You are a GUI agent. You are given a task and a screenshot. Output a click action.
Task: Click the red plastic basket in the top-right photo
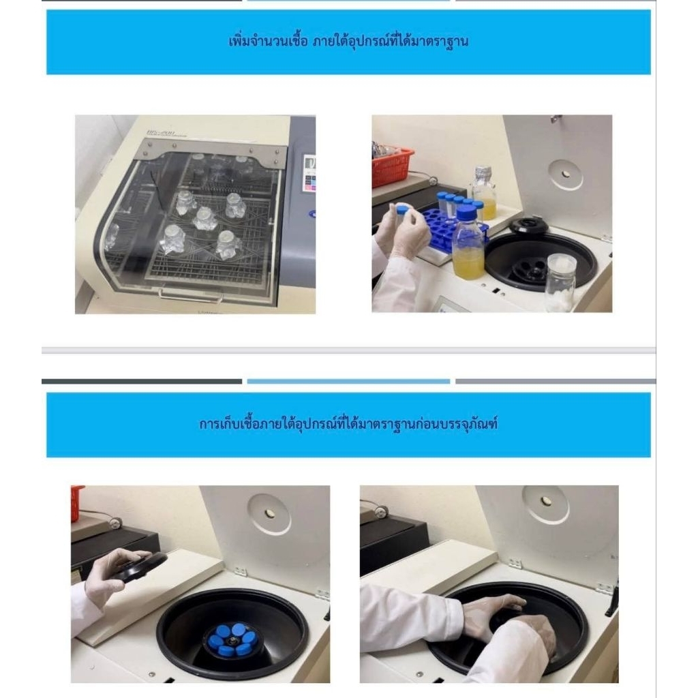[392, 167]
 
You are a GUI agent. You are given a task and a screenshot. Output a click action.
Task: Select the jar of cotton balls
[561, 283]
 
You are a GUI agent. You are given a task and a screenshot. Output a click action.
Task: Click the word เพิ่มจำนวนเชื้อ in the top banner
[268, 42]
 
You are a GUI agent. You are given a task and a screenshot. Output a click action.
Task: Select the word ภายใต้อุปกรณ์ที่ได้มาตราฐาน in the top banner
[390, 42]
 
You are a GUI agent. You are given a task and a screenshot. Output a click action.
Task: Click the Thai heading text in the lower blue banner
[348, 423]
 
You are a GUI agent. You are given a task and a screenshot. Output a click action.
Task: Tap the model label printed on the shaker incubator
[167, 133]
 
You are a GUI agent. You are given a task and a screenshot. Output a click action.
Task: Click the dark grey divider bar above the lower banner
[142, 382]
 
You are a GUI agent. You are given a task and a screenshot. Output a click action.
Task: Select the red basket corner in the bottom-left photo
[78, 503]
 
